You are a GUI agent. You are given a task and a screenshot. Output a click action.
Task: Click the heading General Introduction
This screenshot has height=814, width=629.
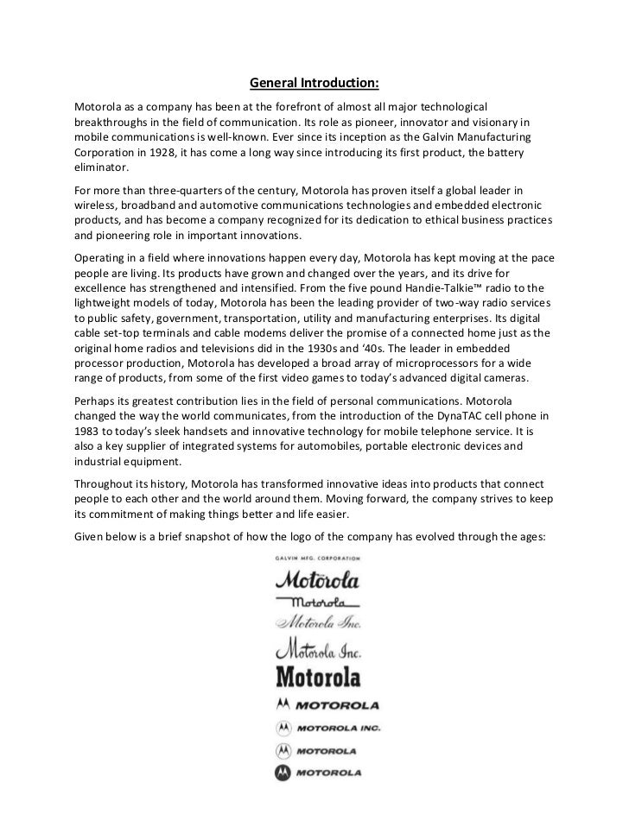(x=314, y=85)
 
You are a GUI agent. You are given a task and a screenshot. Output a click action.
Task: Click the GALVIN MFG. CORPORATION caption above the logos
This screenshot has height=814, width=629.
(x=314, y=558)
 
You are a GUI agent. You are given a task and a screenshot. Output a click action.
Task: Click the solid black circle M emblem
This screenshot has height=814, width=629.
(x=283, y=773)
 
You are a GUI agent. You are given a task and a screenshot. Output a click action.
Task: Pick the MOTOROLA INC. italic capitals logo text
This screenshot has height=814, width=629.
(x=338, y=728)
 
